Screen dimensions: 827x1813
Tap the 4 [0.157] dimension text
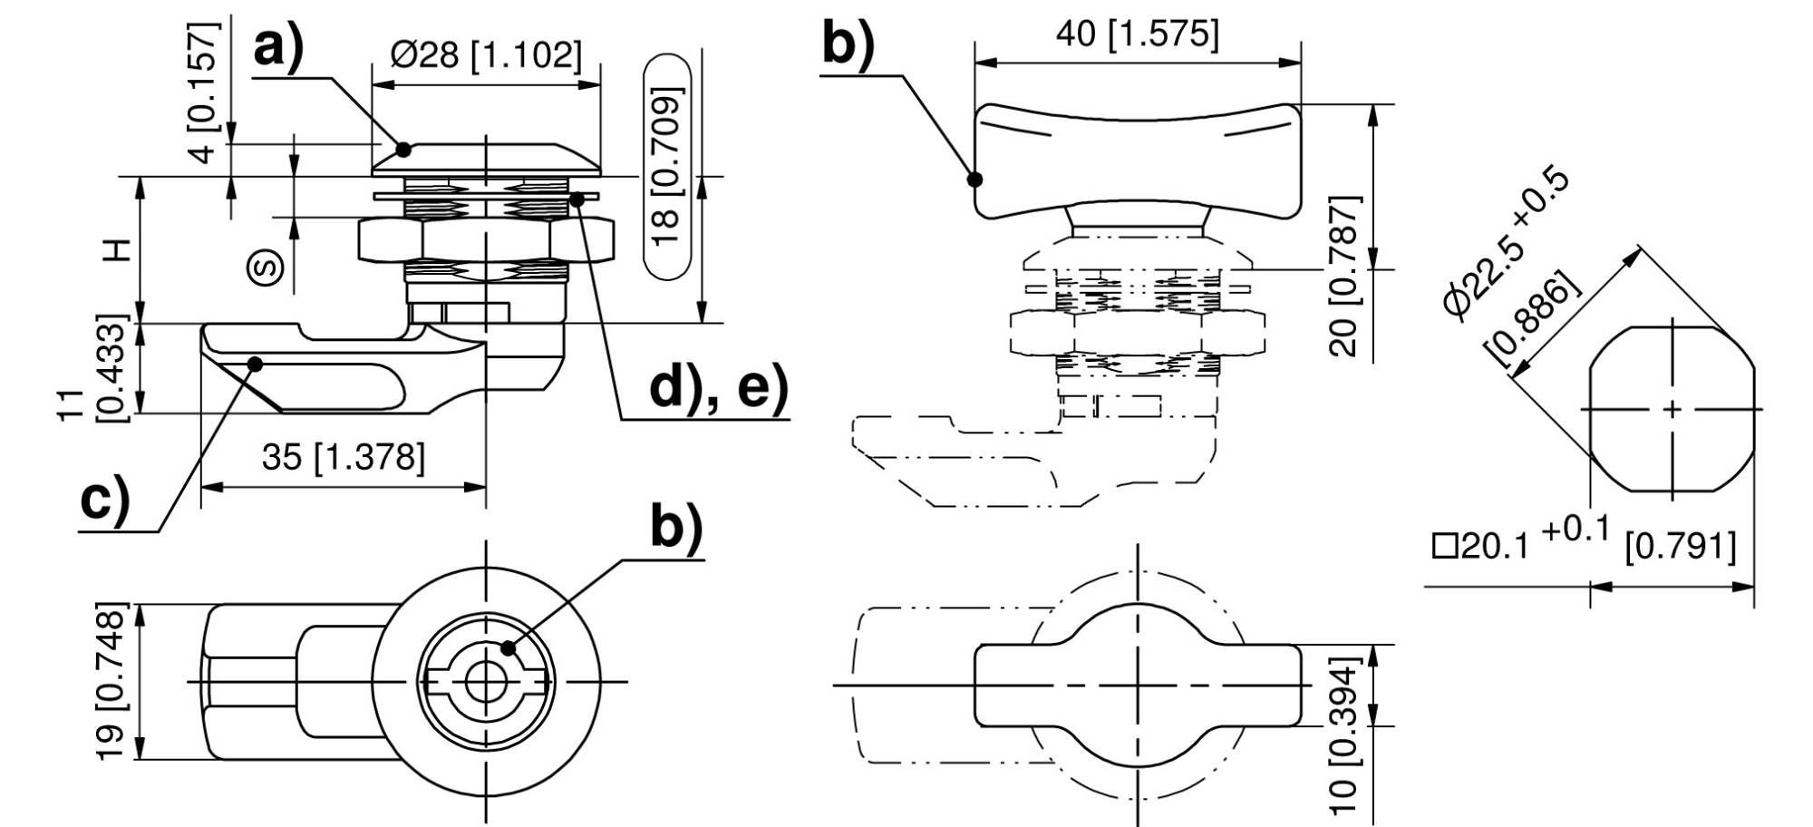point(206,91)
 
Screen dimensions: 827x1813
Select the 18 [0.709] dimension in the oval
point(666,166)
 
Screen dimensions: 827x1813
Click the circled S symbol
point(266,267)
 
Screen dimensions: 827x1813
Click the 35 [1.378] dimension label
point(343,458)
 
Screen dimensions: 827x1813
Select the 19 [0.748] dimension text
point(110,681)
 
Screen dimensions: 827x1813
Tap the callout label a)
point(278,47)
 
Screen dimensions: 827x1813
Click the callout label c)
point(105,500)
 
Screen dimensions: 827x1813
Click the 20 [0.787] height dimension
point(1348,275)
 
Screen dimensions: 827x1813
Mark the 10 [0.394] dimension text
point(1347,738)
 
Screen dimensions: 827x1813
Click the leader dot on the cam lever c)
point(255,365)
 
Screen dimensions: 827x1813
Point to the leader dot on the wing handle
point(975,180)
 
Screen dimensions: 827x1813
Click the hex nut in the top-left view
point(486,240)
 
